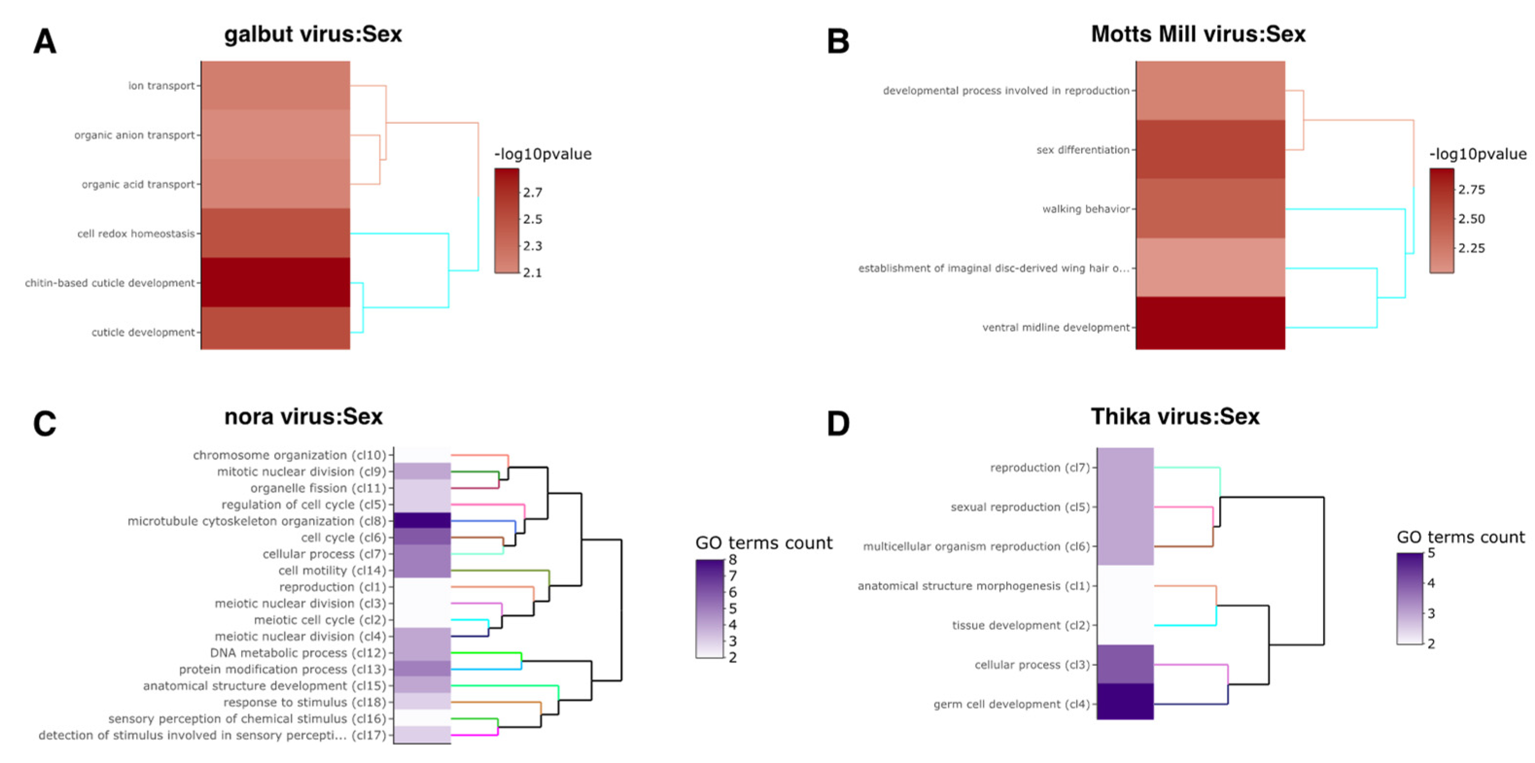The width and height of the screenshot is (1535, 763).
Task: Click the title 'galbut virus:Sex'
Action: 313,34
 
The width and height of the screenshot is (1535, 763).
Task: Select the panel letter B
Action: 838,42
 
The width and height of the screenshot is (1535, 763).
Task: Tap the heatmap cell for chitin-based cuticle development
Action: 276,282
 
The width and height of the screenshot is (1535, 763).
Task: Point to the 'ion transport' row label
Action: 161,86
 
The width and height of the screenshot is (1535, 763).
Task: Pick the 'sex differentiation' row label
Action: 1083,150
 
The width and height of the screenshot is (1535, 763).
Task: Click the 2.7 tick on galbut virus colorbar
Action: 532,192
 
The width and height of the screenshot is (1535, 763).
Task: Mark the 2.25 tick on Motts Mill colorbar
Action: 1471,248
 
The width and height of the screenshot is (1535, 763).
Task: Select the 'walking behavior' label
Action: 1086,209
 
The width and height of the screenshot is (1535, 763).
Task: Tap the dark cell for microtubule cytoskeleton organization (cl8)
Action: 422,521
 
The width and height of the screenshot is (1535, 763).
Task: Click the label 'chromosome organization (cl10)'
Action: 290,455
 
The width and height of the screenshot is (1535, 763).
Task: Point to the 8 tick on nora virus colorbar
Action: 732,560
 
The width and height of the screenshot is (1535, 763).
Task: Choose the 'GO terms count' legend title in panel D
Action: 1461,537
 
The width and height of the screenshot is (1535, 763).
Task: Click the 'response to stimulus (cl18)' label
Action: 305,702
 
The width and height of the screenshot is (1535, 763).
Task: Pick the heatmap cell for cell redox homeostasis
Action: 276,233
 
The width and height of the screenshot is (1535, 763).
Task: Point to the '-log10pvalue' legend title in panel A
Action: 542,154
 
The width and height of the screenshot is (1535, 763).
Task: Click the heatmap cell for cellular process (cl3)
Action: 1125,664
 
